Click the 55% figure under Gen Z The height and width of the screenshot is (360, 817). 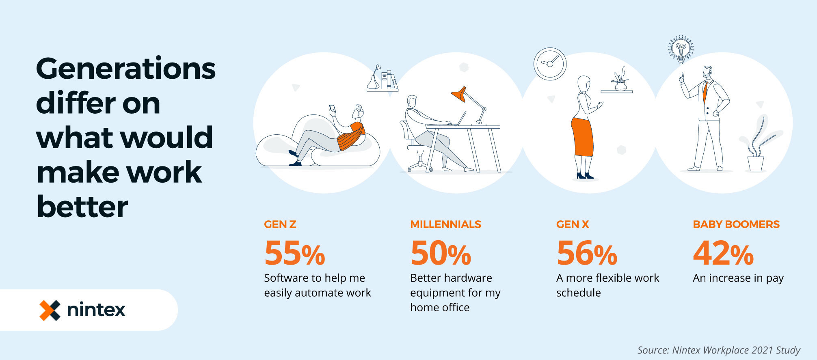[295, 252]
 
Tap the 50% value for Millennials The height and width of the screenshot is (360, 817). [441, 252]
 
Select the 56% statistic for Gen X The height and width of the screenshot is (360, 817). [587, 252]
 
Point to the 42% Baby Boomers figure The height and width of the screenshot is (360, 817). [723, 252]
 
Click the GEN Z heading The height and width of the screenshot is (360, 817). [280, 224]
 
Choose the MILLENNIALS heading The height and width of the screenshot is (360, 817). [445, 224]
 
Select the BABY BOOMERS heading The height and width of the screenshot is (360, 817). [736, 224]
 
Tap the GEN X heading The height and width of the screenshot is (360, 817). [573, 224]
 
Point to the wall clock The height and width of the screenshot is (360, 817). [550, 64]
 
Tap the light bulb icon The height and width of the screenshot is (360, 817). [681, 50]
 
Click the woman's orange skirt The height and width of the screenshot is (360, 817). [583, 137]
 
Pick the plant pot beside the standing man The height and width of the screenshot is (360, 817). [756, 164]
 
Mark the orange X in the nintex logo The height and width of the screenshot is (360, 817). [50, 310]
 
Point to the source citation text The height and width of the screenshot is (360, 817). [718, 350]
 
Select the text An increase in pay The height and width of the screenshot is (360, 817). [738, 278]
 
